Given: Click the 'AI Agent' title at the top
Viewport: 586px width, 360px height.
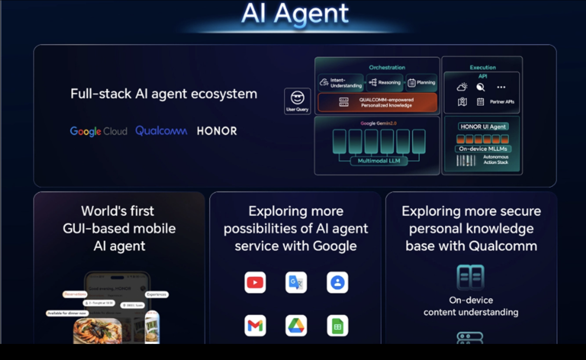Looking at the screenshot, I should tap(295, 14).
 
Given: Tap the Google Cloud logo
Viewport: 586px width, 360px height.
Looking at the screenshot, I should tap(98, 131).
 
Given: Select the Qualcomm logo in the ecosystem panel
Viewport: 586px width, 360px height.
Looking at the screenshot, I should tap(161, 130).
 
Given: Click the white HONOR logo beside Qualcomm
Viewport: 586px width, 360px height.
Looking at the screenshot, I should tap(217, 131).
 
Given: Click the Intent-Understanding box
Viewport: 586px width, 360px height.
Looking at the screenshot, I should tap(341, 83).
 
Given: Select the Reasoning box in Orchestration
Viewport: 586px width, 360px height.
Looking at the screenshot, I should tap(385, 83).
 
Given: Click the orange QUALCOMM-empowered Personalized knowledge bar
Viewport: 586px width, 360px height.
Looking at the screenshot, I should tap(377, 103).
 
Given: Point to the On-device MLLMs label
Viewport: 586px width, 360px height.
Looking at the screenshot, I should tap(482, 148).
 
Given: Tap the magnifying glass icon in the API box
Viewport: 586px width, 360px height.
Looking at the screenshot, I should tap(481, 87).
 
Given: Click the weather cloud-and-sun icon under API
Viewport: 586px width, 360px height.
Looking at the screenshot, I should tap(462, 87).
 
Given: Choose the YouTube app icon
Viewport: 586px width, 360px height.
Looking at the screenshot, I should tap(255, 282).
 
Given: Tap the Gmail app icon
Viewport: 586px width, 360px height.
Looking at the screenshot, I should tap(255, 326).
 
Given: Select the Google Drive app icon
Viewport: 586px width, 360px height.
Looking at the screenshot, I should tap(296, 326).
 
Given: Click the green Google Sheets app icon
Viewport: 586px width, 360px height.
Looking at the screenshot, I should tap(337, 326).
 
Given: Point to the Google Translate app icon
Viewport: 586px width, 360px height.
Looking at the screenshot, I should tap(296, 282).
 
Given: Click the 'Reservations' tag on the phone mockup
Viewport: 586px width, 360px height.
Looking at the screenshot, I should tap(75, 294).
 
